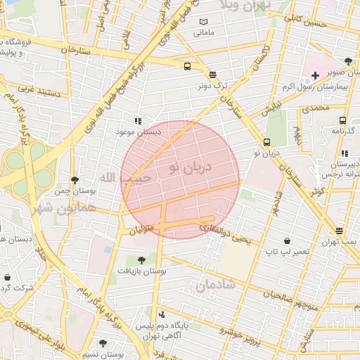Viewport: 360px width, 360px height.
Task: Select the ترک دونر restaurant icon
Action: [212, 75]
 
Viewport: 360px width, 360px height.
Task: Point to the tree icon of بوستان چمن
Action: [75, 181]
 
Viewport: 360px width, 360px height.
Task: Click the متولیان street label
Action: [143, 229]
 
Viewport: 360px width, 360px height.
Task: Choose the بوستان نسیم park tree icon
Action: [103, 343]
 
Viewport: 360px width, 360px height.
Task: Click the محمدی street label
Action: [314, 108]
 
